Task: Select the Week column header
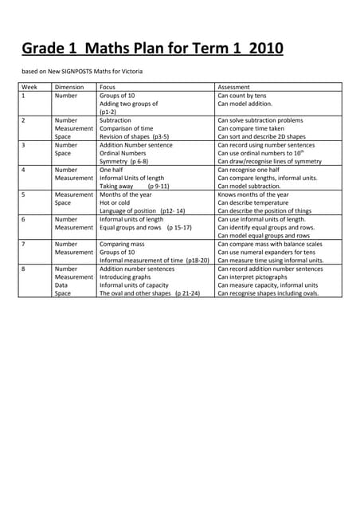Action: [x=29, y=87]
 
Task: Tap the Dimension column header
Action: [x=69, y=87]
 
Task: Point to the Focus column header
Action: [x=108, y=87]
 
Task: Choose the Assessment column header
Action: [x=233, y=87]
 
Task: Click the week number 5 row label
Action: [x=24, y=194]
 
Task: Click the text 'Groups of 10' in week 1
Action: [x=117, y=96]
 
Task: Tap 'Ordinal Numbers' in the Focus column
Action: [x=123, y=153]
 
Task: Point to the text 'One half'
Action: [x=112, y=170]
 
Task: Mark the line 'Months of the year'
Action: [x=126, y=194]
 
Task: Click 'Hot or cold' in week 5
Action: [x=115, y=202]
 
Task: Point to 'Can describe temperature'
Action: [x=258, y=202]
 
